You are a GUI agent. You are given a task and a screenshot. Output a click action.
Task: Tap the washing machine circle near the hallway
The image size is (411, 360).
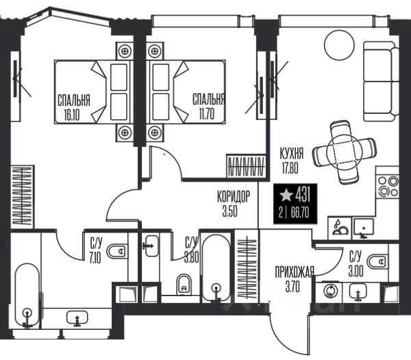coord(332,291)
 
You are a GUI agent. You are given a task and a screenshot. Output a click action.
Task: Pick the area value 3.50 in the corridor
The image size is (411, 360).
coord(230,211)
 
